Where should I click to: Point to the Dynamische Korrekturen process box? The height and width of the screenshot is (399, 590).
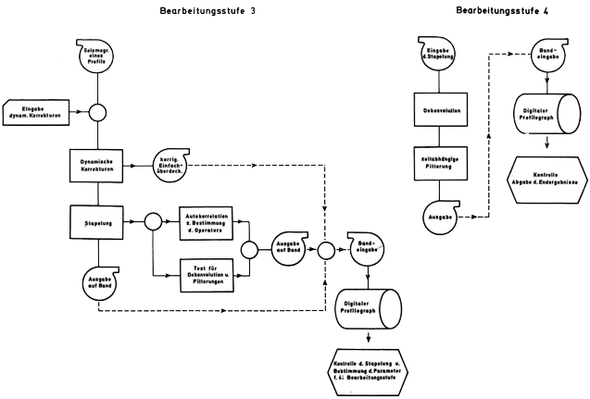[97, 164]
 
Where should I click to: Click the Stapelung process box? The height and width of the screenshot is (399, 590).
[97, 222]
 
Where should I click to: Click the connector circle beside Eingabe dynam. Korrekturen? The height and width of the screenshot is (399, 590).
[97, 114]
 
